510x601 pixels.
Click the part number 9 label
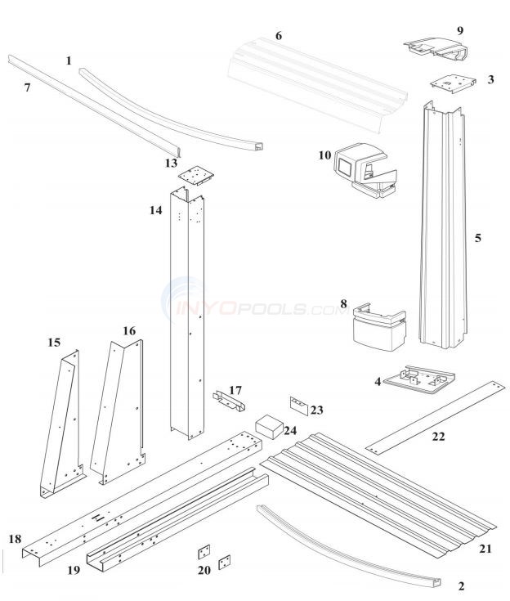459,30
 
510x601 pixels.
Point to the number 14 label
155,210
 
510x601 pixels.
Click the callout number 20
204,571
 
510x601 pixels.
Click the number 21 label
485,548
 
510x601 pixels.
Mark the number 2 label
462,586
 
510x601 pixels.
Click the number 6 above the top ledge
279,36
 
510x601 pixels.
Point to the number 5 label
478,238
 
